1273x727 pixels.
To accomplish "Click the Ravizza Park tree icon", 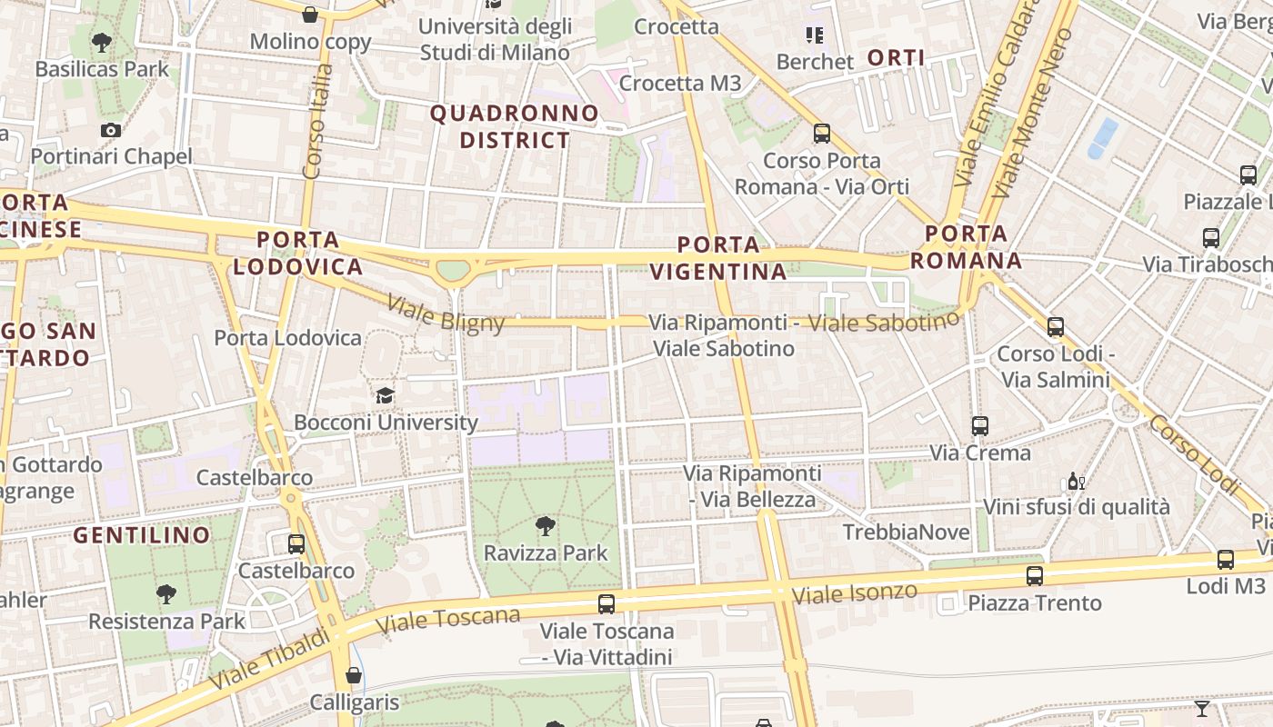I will pos(546,526).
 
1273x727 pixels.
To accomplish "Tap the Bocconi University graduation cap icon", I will pos(386,395).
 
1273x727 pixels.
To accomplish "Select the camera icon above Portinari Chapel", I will pos(111,130).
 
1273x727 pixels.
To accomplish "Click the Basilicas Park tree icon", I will pos(102,42).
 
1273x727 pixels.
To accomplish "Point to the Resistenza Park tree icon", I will pos(165,594).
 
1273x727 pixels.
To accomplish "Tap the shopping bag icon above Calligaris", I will pos(354,675).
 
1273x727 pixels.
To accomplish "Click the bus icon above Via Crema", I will pos(979,425).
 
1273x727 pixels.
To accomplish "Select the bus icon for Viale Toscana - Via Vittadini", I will pos(606,603).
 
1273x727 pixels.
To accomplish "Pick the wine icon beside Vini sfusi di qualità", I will pos(1076,481).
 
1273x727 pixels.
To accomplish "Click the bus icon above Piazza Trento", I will pos(1034,575).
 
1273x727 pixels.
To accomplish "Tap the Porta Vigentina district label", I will pos(718,258).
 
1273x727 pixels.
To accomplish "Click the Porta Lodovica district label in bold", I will pos(297,254).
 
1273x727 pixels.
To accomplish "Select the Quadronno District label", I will pos(515,127).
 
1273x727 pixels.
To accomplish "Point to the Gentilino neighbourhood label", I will pos(142,535).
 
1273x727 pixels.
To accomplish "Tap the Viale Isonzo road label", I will pos(854,593).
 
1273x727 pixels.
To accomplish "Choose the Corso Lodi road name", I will pos(1194,454).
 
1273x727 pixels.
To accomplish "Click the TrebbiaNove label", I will pos(906,533).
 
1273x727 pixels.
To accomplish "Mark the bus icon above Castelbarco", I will pos(296,544).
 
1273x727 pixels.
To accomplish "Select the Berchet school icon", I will pos(814,35).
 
